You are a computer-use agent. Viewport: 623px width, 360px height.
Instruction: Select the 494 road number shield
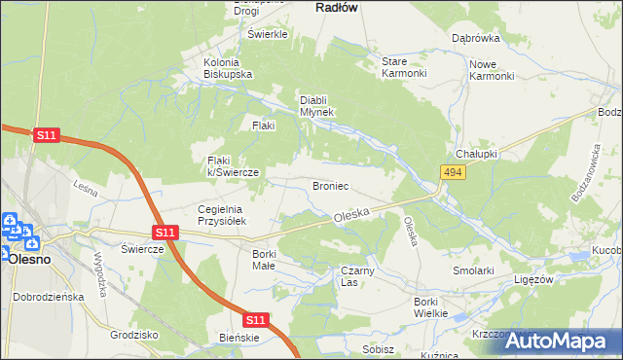pyautogui.click(x=452, y=172)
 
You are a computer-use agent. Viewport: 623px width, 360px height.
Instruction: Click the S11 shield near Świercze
pyautogui.click(x=165, y=233)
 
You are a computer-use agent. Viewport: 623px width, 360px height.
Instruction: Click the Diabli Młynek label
pyautogui.click(x=316, y=105)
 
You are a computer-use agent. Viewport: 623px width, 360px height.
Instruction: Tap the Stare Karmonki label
pyautogui.click(x=403, y=67)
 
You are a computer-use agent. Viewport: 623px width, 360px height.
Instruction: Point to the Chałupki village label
pyautogui.click(x=476, y=155)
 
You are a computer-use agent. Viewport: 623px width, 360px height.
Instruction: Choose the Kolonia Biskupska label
pyautogui.click(x=228, y=68)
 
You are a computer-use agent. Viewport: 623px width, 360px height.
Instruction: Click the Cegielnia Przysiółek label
pyautogui.click(x=225, y=215)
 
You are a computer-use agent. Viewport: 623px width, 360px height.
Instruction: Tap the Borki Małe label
pyautogui.click(x=264, y=260)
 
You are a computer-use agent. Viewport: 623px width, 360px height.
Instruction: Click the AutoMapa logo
pyautogui.click(x=551, y=341)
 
